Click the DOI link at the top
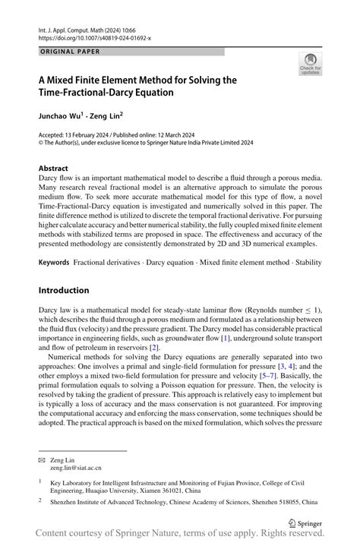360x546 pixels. tap(94, 36)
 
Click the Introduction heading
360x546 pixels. tap(64, 290)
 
